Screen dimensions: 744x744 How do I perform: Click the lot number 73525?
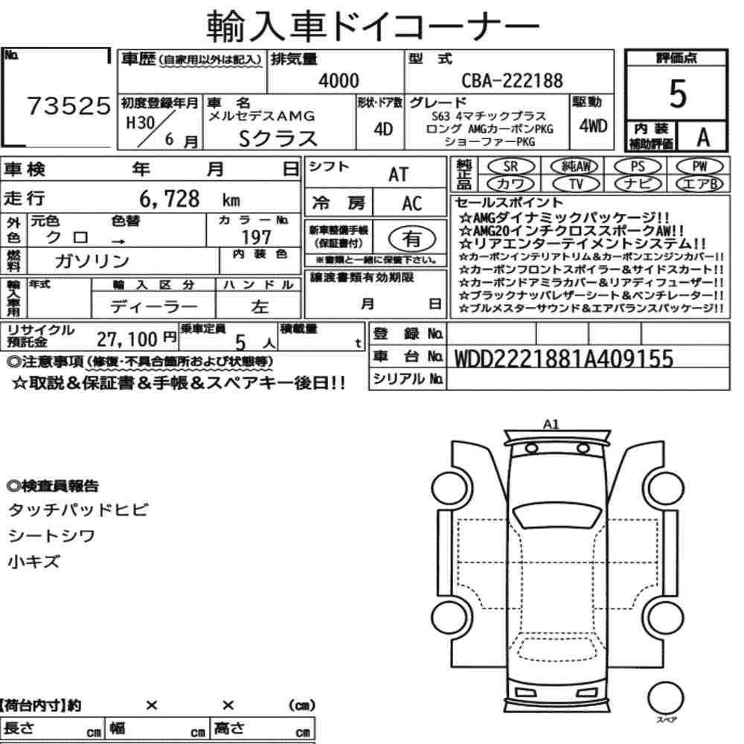pyautogui.click(x=68, y=106)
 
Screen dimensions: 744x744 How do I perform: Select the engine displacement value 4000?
pyautogui.click(x=339, y=80)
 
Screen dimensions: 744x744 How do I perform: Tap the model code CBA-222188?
pyautogui.click(x=513, y=80)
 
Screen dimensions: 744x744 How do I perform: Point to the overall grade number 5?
pyautogui.click(x=678, y=94)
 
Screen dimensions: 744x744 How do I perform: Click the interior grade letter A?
pyautogui.click(x=703, y=137)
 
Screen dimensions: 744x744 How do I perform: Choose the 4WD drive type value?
pyautogui.click(x=593, y=126)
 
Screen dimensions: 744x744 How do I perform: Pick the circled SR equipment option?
pyautogui.click(x=511, y=167)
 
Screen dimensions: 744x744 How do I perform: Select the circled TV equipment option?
pyautogui.click(x=576, y=184)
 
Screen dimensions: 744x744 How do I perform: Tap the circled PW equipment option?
pyautogui.click(x=700, y=167)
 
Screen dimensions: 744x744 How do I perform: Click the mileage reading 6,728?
pyautogui.click(x=170, y=199)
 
